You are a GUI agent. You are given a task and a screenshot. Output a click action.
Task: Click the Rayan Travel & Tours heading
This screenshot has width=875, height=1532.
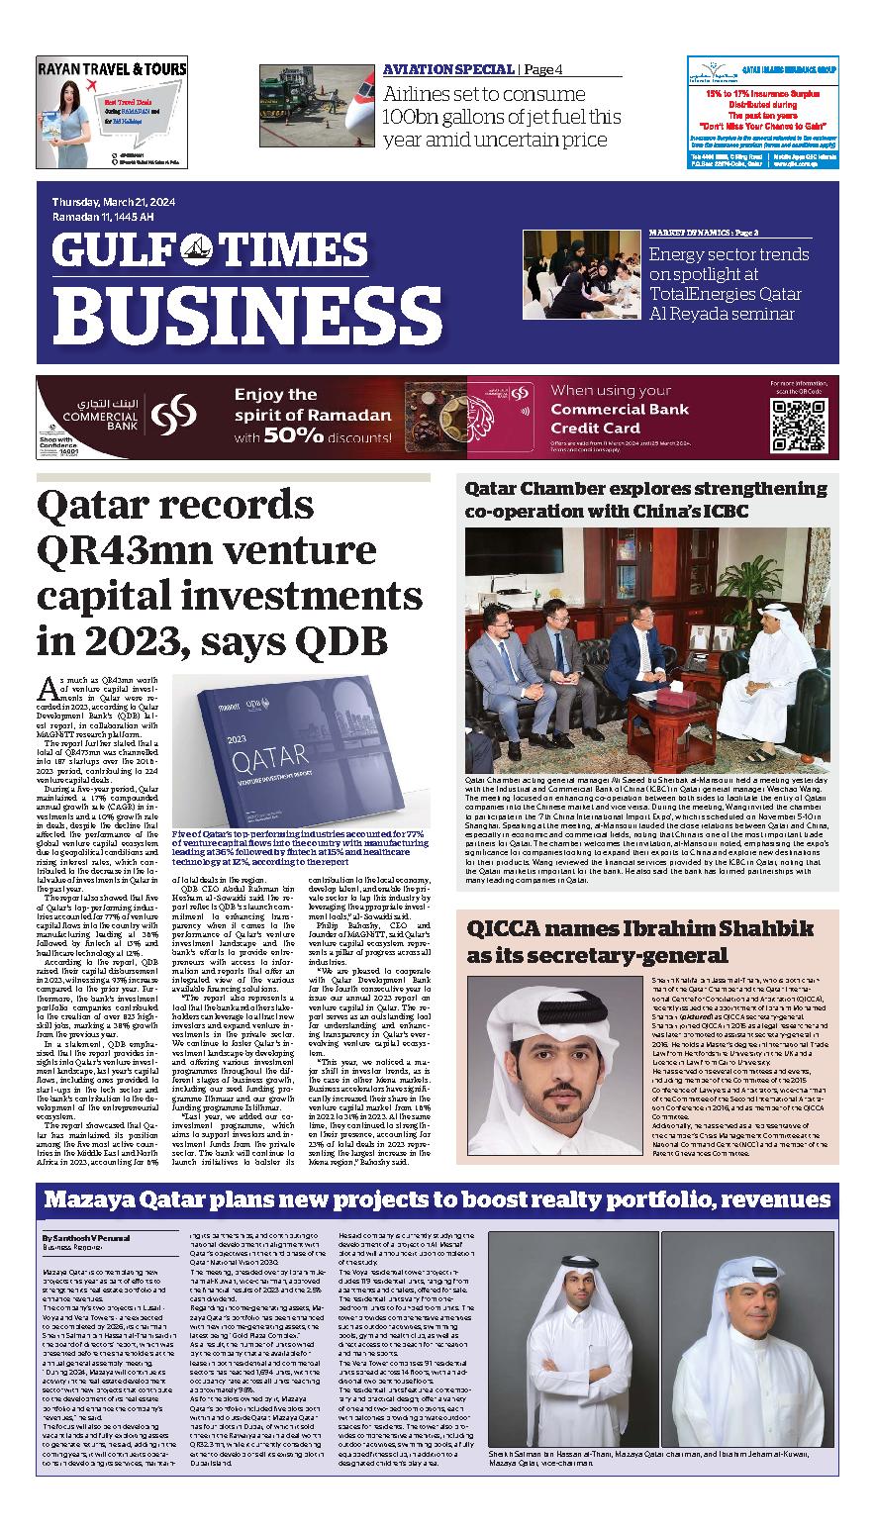click(x=112, y=69)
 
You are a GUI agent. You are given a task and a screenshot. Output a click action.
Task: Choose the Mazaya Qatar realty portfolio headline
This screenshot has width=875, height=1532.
click(x=437, y=1200)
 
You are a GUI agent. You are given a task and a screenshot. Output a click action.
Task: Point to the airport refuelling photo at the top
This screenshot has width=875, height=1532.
click(x=316, y=105)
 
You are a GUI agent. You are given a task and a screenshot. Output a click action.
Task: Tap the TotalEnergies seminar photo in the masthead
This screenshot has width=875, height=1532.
click(x=581, y=274)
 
